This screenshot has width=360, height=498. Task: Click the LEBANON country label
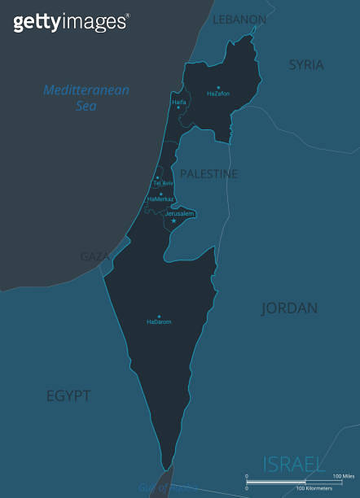[239, 19]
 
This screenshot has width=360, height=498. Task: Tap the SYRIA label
[306, 64]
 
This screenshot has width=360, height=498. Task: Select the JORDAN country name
[289, 308]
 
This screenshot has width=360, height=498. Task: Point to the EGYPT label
[68, 396]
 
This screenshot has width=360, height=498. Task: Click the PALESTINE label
[209, 174]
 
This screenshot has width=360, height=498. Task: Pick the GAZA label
[94, 256]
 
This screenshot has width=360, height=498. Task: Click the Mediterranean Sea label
[86, 98]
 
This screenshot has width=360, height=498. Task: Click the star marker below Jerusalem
[173, 221]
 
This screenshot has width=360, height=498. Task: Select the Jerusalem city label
[179, 213]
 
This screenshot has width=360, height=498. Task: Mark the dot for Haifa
[178, 107]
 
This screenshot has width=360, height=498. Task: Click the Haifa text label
[179, 102]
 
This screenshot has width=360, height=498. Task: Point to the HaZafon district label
[218, 94]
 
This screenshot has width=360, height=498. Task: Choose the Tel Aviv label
[164, 183]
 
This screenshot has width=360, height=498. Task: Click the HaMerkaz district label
[160, 199]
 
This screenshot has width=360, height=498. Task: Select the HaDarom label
[159, 322]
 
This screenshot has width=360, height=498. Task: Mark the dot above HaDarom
[159, 317]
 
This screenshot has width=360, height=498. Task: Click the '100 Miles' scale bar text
[342, 475]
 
